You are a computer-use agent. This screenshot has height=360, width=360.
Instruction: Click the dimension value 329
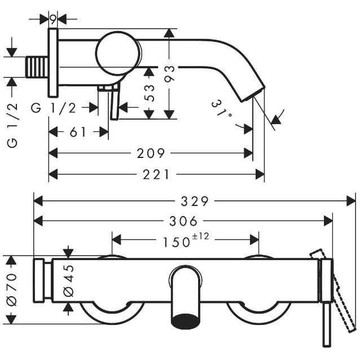pyautogui.click(x=195, y=201)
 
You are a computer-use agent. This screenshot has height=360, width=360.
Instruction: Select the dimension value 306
pyautogui.click(x=183, y=221)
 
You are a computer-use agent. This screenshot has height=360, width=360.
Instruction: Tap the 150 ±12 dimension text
pyautogui.click(x=186, y=240)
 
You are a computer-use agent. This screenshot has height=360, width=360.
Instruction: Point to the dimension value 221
pyautogui.click(x=156, y=175)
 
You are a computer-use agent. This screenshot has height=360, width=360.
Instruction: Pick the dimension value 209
pyautogui.click(x=151, y=153)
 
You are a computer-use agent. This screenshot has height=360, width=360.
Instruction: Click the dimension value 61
pyautogui.click(x=78, y=132)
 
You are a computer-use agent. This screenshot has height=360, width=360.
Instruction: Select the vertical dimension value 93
pyautogui.click(x=170, y=74)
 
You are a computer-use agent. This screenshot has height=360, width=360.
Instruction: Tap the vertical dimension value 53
pyautogui.click(x=150, y=93)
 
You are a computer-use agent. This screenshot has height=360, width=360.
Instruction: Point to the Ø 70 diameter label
pyautogui.click(x=12, y=289)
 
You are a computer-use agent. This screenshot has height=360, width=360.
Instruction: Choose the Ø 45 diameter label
pyautogui.click(x=68, y=280)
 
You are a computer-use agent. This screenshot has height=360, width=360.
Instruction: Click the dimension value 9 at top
pyautogui.click(x=53, y=20)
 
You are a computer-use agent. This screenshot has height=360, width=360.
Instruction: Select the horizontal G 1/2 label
pyautogui.click(x=54, y=108)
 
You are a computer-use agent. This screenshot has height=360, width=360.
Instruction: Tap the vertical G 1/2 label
pyautogui.click(x=12, y=125)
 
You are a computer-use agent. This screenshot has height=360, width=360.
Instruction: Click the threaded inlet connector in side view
pyautogui.click(x=37, y=67)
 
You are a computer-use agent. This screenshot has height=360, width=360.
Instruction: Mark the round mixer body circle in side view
pyautogui.click(x=118, y=54)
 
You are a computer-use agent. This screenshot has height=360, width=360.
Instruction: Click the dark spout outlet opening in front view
pyautogui.click(x=186, y=321)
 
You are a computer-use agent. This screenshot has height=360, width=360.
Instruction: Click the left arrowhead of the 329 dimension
pyautogui.click(x=38, y=201)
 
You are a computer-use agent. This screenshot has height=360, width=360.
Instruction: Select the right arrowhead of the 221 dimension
pyautogui.click(x=260, y=174)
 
